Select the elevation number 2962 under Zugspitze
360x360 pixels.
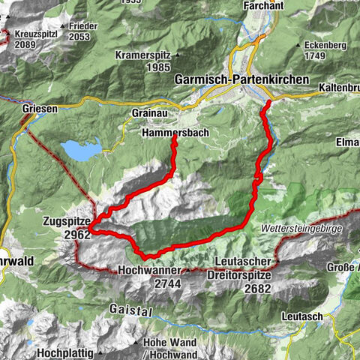(x=77, y=234)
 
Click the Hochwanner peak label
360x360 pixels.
(x=149, y=271)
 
